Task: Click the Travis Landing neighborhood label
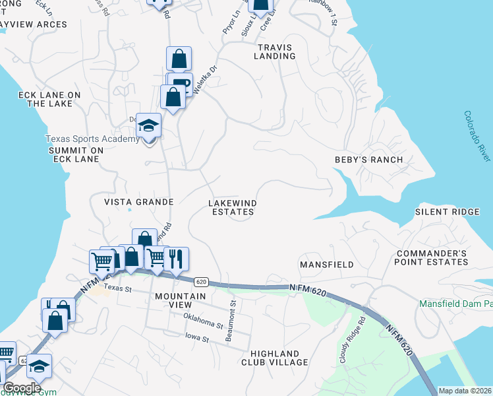click(x=276, y=51)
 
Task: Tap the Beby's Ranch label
click(x=368, y=160)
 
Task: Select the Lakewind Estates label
click(x=232, y=207)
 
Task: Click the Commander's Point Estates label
click(x=440, y=258)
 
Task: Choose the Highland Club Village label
click(x=274, y=358)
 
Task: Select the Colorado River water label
click(x=477, y=136)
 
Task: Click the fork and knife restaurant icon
click(x=175, y=258)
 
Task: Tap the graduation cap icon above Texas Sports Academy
click(x=149, y=125)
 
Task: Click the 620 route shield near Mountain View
click(x=202, y=282)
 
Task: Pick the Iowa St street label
click(x=196, y=339)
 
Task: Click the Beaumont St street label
click(x=231, y=321)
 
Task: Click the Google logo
click(x=22, y=387)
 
